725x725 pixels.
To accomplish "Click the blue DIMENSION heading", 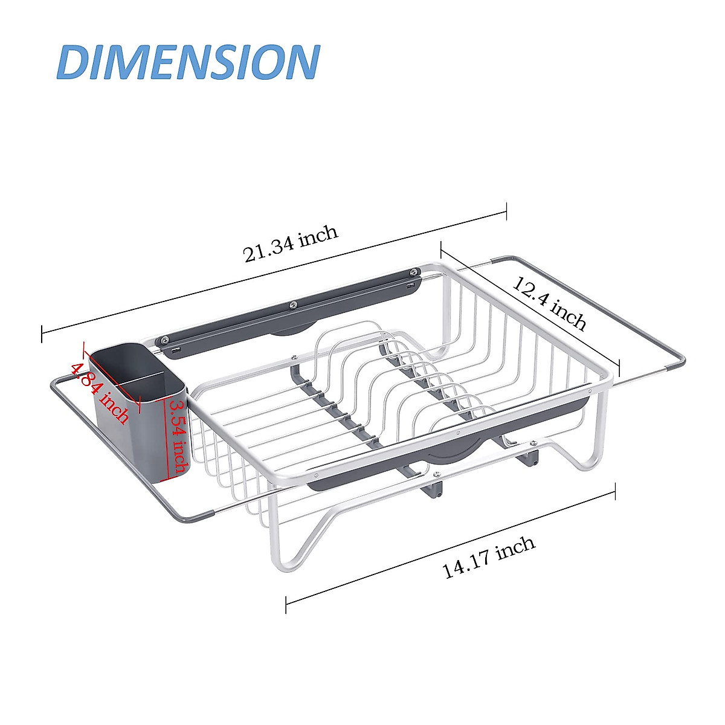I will [x=188, y=62].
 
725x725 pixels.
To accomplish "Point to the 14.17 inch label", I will [x=489, y=556].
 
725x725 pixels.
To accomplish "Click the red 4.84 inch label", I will [x=100, y=393].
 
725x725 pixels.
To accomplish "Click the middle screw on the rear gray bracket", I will [x=294, y=304].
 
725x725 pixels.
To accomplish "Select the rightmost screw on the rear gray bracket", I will [x=414, y=272].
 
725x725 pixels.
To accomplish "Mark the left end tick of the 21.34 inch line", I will [x=42, y=333].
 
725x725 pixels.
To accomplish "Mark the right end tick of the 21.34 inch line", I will [x=506, y=212].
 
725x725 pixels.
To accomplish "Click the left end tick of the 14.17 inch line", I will [x=286, y=604].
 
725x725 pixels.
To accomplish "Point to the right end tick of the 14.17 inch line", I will [x=615, y=491].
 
